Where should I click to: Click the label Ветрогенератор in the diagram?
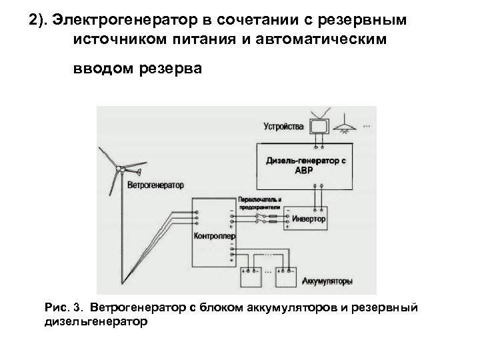click(x=155, y=185)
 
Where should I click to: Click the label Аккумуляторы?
click(x=327, y=281)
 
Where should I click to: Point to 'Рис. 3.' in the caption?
click(x=61, y=308)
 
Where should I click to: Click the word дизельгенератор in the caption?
click(x=95, y=321)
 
